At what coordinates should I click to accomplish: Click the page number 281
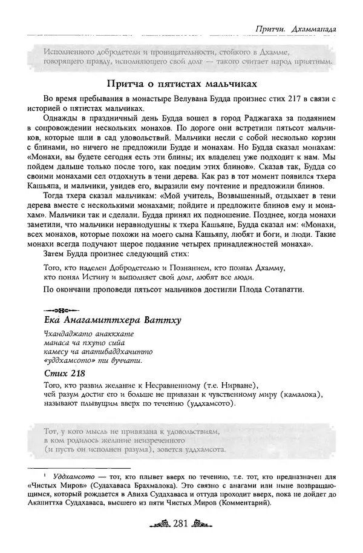181,540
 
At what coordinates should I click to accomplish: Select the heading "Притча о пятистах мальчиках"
182,82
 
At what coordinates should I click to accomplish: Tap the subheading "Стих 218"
63,374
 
